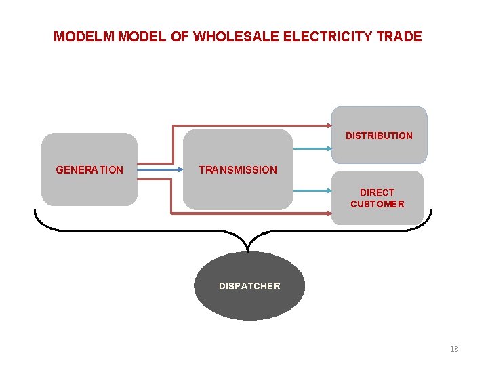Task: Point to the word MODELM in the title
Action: point(85,37)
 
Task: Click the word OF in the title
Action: point(180,37)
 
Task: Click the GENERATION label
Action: point(89,170)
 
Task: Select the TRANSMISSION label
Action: point(238,170)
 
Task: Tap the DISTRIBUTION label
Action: point(379,136)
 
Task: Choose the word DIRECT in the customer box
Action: point(377,192)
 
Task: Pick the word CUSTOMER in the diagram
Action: point(377,204)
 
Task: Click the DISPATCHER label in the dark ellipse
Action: point(249,286)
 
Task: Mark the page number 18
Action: point(454,349)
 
